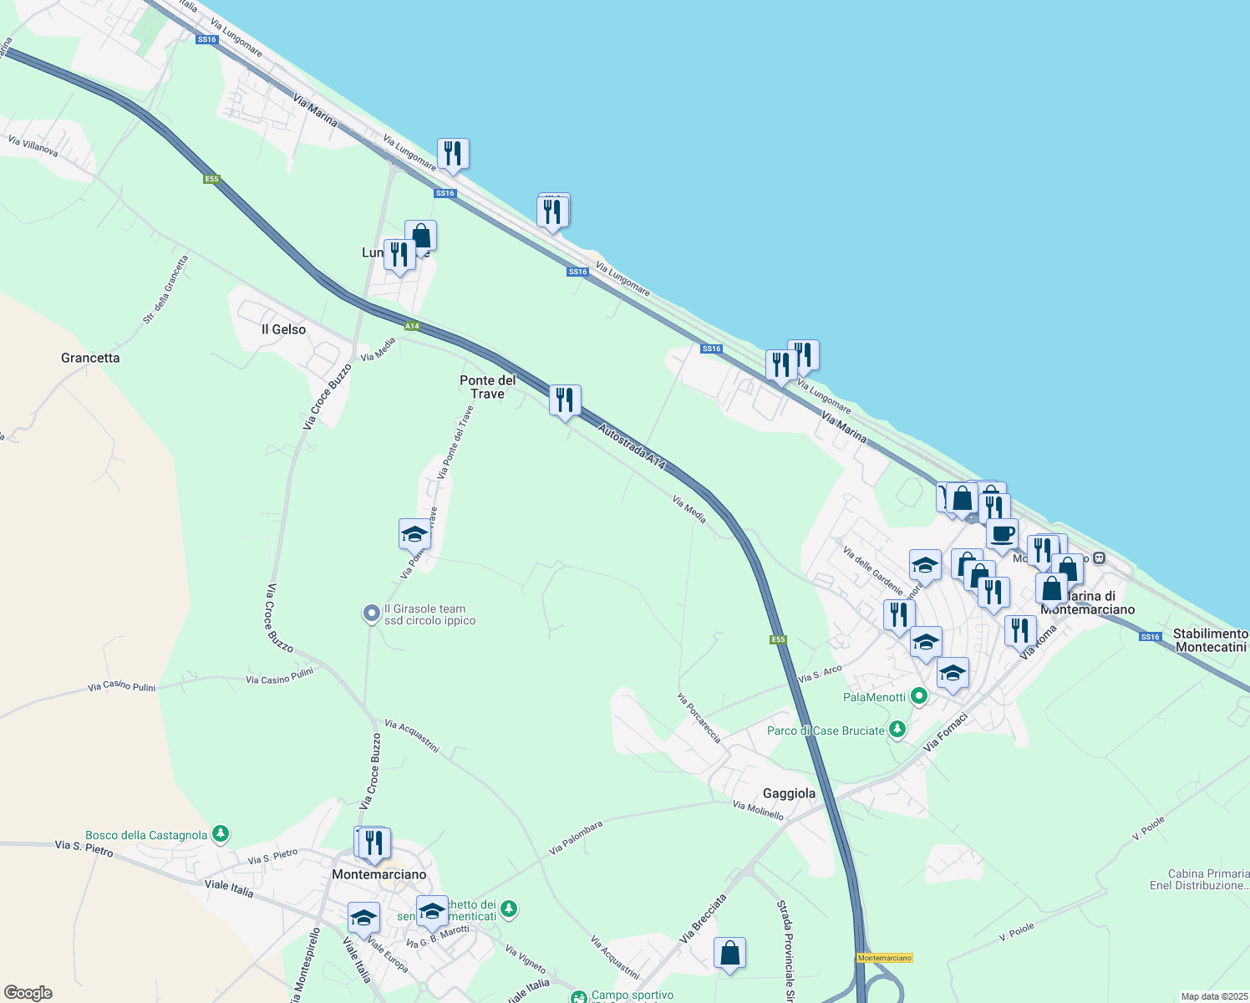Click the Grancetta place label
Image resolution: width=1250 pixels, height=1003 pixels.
pos(90,358)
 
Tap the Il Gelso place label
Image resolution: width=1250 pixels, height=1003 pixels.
pos(283,329)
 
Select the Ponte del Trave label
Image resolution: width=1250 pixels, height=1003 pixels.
pos(488,386)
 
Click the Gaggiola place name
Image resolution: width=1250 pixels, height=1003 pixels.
pos(789,793)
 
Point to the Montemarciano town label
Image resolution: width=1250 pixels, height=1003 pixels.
pos(379,874)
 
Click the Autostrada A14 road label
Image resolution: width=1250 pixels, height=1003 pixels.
pos(633,446)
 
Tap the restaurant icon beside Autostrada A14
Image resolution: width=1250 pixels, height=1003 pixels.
pos(565,401)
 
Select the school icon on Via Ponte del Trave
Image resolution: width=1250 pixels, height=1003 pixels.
pos(414,534)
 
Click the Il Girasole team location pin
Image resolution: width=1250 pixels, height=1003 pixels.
pos(372,614)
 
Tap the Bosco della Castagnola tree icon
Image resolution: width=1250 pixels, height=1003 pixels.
pos(220,834)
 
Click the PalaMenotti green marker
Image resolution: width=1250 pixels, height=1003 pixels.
pos(919,696)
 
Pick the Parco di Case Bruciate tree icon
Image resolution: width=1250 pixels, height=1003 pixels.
pos(897,730)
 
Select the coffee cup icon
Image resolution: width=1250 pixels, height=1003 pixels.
pos(1002,534)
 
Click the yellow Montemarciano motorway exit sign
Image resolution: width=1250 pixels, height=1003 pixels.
pos(884,958)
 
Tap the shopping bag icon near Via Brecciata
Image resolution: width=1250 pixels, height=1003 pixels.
pos(729,953)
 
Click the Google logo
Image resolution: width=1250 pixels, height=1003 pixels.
pos(28,993)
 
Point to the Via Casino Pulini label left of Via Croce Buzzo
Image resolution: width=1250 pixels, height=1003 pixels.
pos(122,686)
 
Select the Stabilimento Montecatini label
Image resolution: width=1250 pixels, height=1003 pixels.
pos(1211,640)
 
